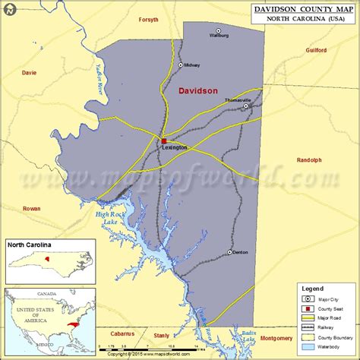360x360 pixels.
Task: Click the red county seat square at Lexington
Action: click(163, 141)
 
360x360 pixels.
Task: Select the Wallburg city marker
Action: click(218, 31)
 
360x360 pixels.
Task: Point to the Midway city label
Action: click(191, 65)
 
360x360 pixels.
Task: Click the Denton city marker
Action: click(230, 252)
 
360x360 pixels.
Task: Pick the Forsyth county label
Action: click(149, 20)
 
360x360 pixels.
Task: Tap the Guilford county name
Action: click(316, 50)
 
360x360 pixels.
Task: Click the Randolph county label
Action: click(309, 160)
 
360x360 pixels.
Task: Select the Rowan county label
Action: click(32, 207)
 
